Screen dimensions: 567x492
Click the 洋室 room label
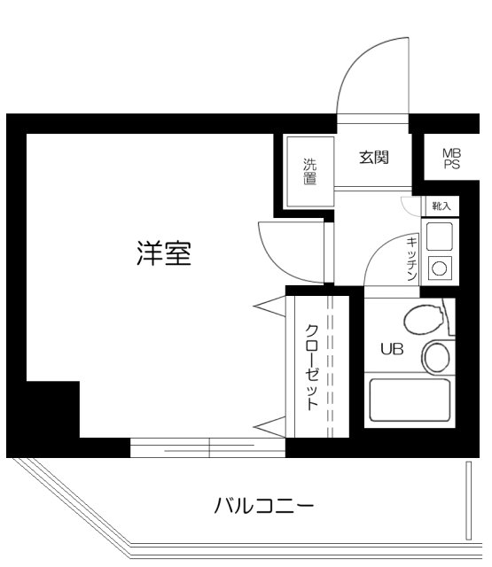tap(164, 254)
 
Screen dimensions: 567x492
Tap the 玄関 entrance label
tap(373, 159)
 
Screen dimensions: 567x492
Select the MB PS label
tap(451, 159)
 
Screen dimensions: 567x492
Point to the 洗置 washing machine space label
tap(309, 171)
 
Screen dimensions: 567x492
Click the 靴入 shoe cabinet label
tap(441, 206)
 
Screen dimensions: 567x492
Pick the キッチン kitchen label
tap(412, 259)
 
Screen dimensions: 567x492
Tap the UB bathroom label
tap(392, 348)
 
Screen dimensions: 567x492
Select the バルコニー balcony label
tap(263, 507)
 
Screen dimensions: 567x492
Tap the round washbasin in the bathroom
tap(435, 357)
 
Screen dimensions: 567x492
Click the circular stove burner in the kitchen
tap(440, 267)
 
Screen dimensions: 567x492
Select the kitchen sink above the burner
tap(440, 236)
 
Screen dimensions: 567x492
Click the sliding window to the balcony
tap(208, 448)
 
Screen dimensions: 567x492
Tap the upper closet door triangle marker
tap(269, 307)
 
